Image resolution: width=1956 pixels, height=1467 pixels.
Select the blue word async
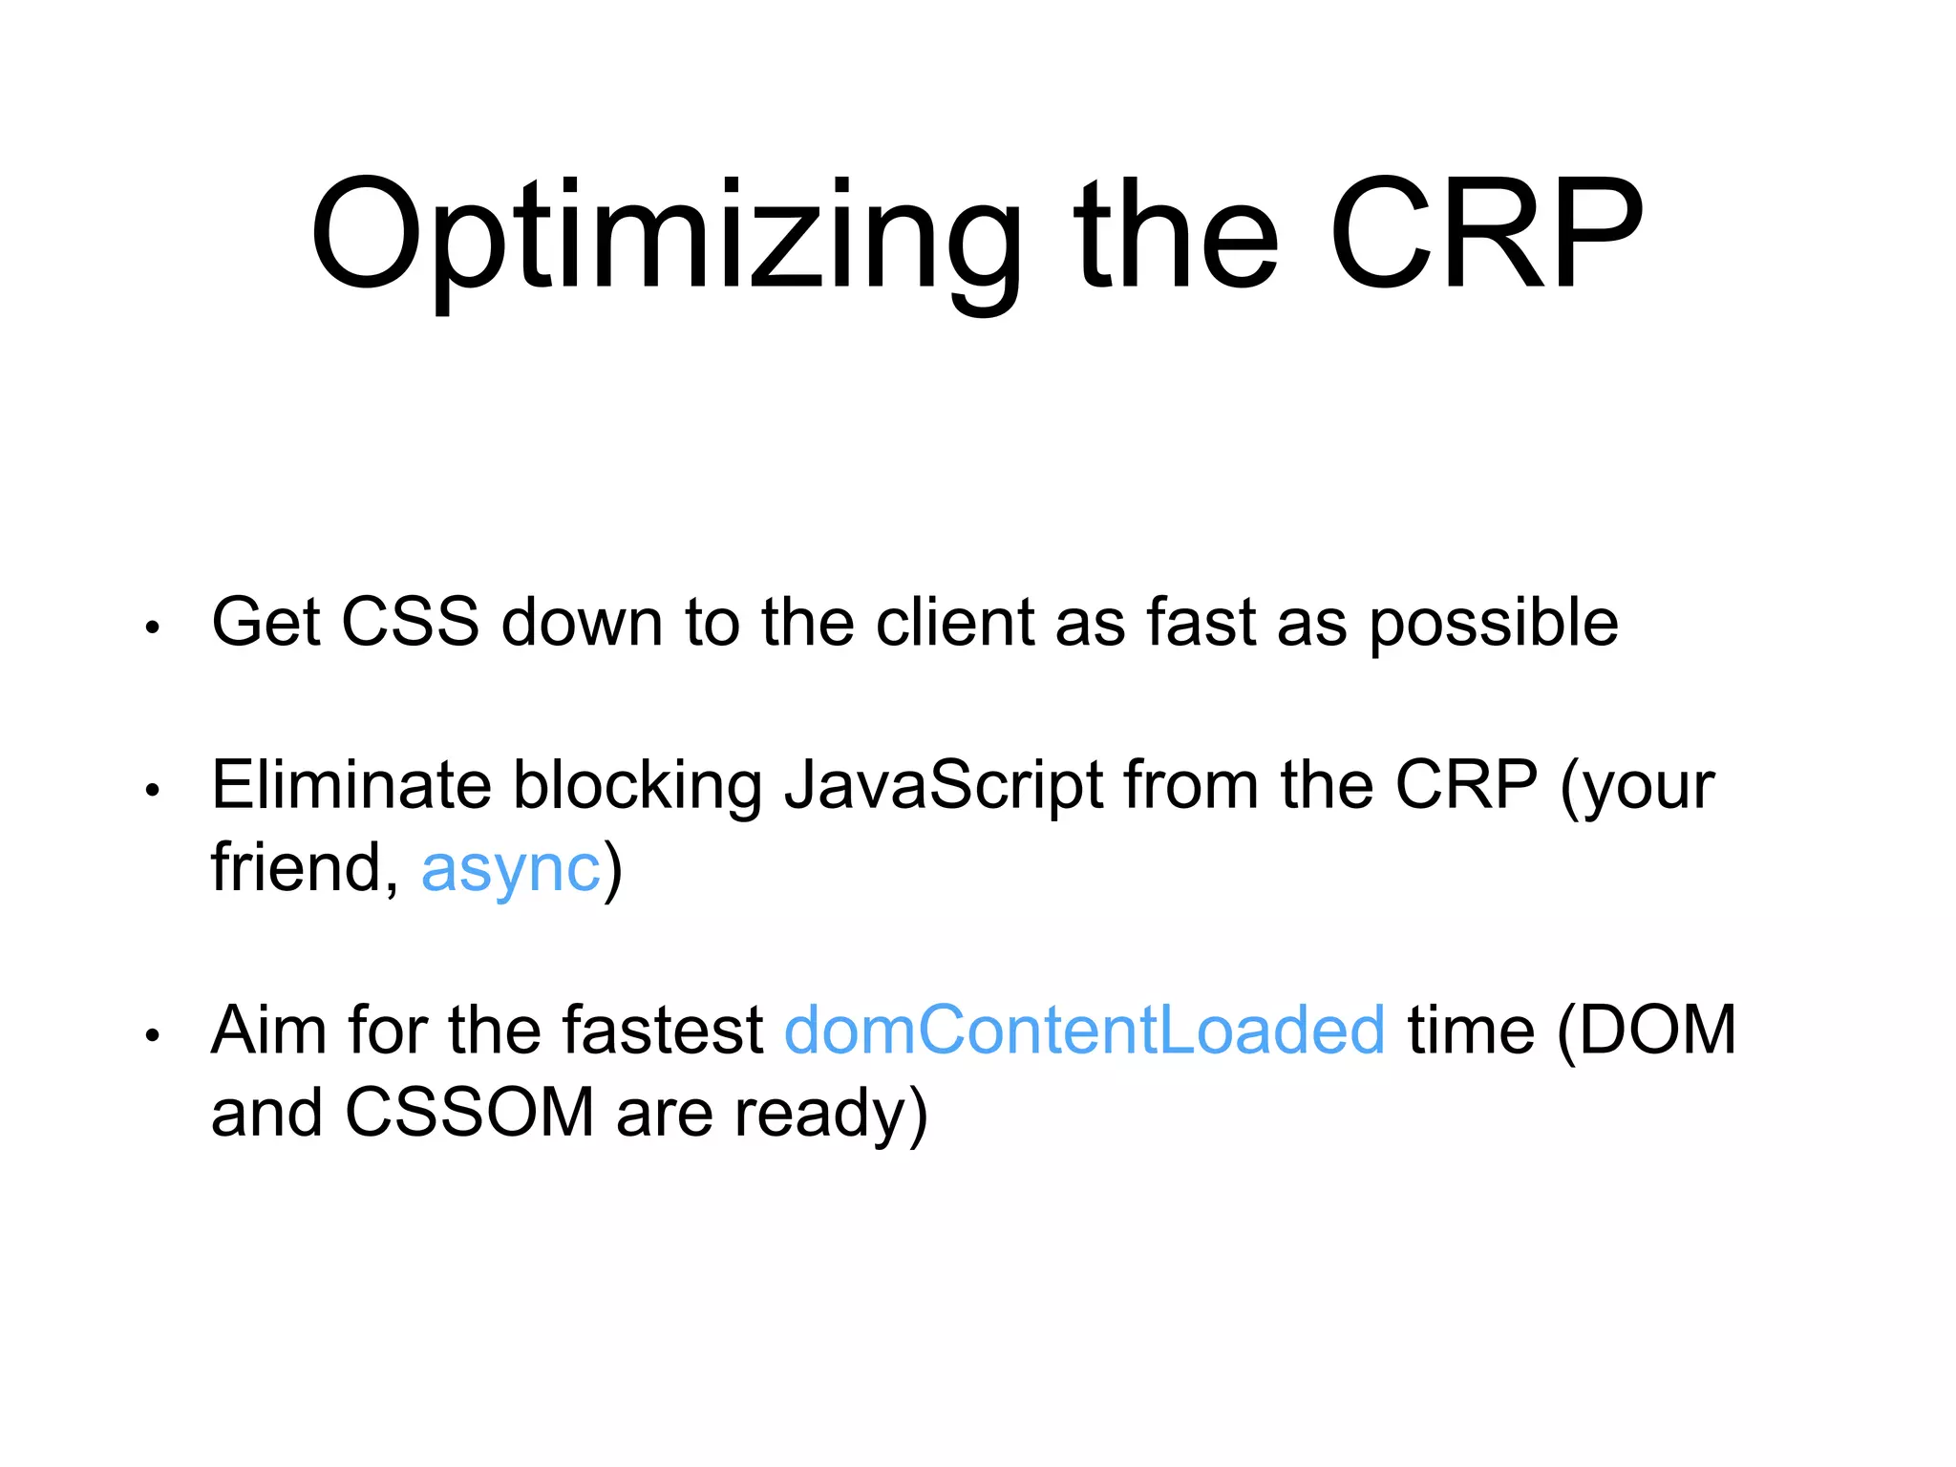pyautogui.click(x=511, y=869)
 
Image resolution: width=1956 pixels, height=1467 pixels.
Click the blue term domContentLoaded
pyautogui.click(x=1084, y=1031)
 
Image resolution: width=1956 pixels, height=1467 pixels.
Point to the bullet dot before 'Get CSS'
pyautogui.click(x=152, y=628)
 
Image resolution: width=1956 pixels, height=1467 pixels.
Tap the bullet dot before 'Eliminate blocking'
pyautogui.click(x=152, y=791)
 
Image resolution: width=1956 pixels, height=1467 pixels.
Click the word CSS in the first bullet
pyautogui.click(x=410, y=623)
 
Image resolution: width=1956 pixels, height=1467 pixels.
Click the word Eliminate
pyautogui.click(x=351, y=785)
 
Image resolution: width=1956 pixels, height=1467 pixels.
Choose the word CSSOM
pyautogui.click(x=469, y=1113)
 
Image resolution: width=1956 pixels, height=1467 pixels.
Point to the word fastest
pyautogui.click(x=662, y=1031)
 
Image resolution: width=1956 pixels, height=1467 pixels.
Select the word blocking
pyautogui.click(x=637, y=787)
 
